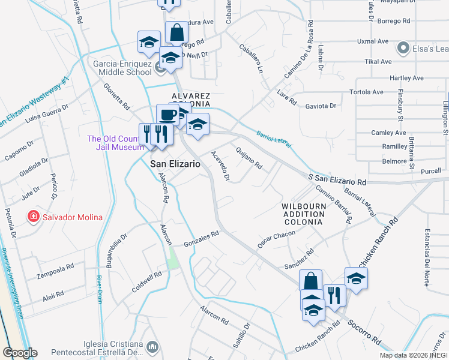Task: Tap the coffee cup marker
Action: pyautogui.click(x=167, y=115)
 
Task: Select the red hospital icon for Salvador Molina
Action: pyautogui.click(x=34, y=216)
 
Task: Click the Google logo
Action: pyautogui.click(x=20, y=353)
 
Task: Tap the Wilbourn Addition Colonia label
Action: pyautogui.click(x=294, y=214)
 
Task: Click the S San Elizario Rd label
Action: pyautogui.click(x=336, y=179)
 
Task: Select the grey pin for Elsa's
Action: pyautogui.click(x=403, y=47)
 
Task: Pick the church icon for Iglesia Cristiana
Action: pyautogui.click(x=153, y=347)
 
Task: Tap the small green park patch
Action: pyautogui.click(x=173, y=259)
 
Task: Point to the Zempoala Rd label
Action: pyautogui.click(x=54, y=266)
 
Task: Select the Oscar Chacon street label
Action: pyautogui.click(x=277, y=238)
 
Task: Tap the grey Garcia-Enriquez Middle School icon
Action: pyautogui.click(x=160, y=67)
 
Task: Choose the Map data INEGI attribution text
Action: pyautogui.click(x=414, y=355)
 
